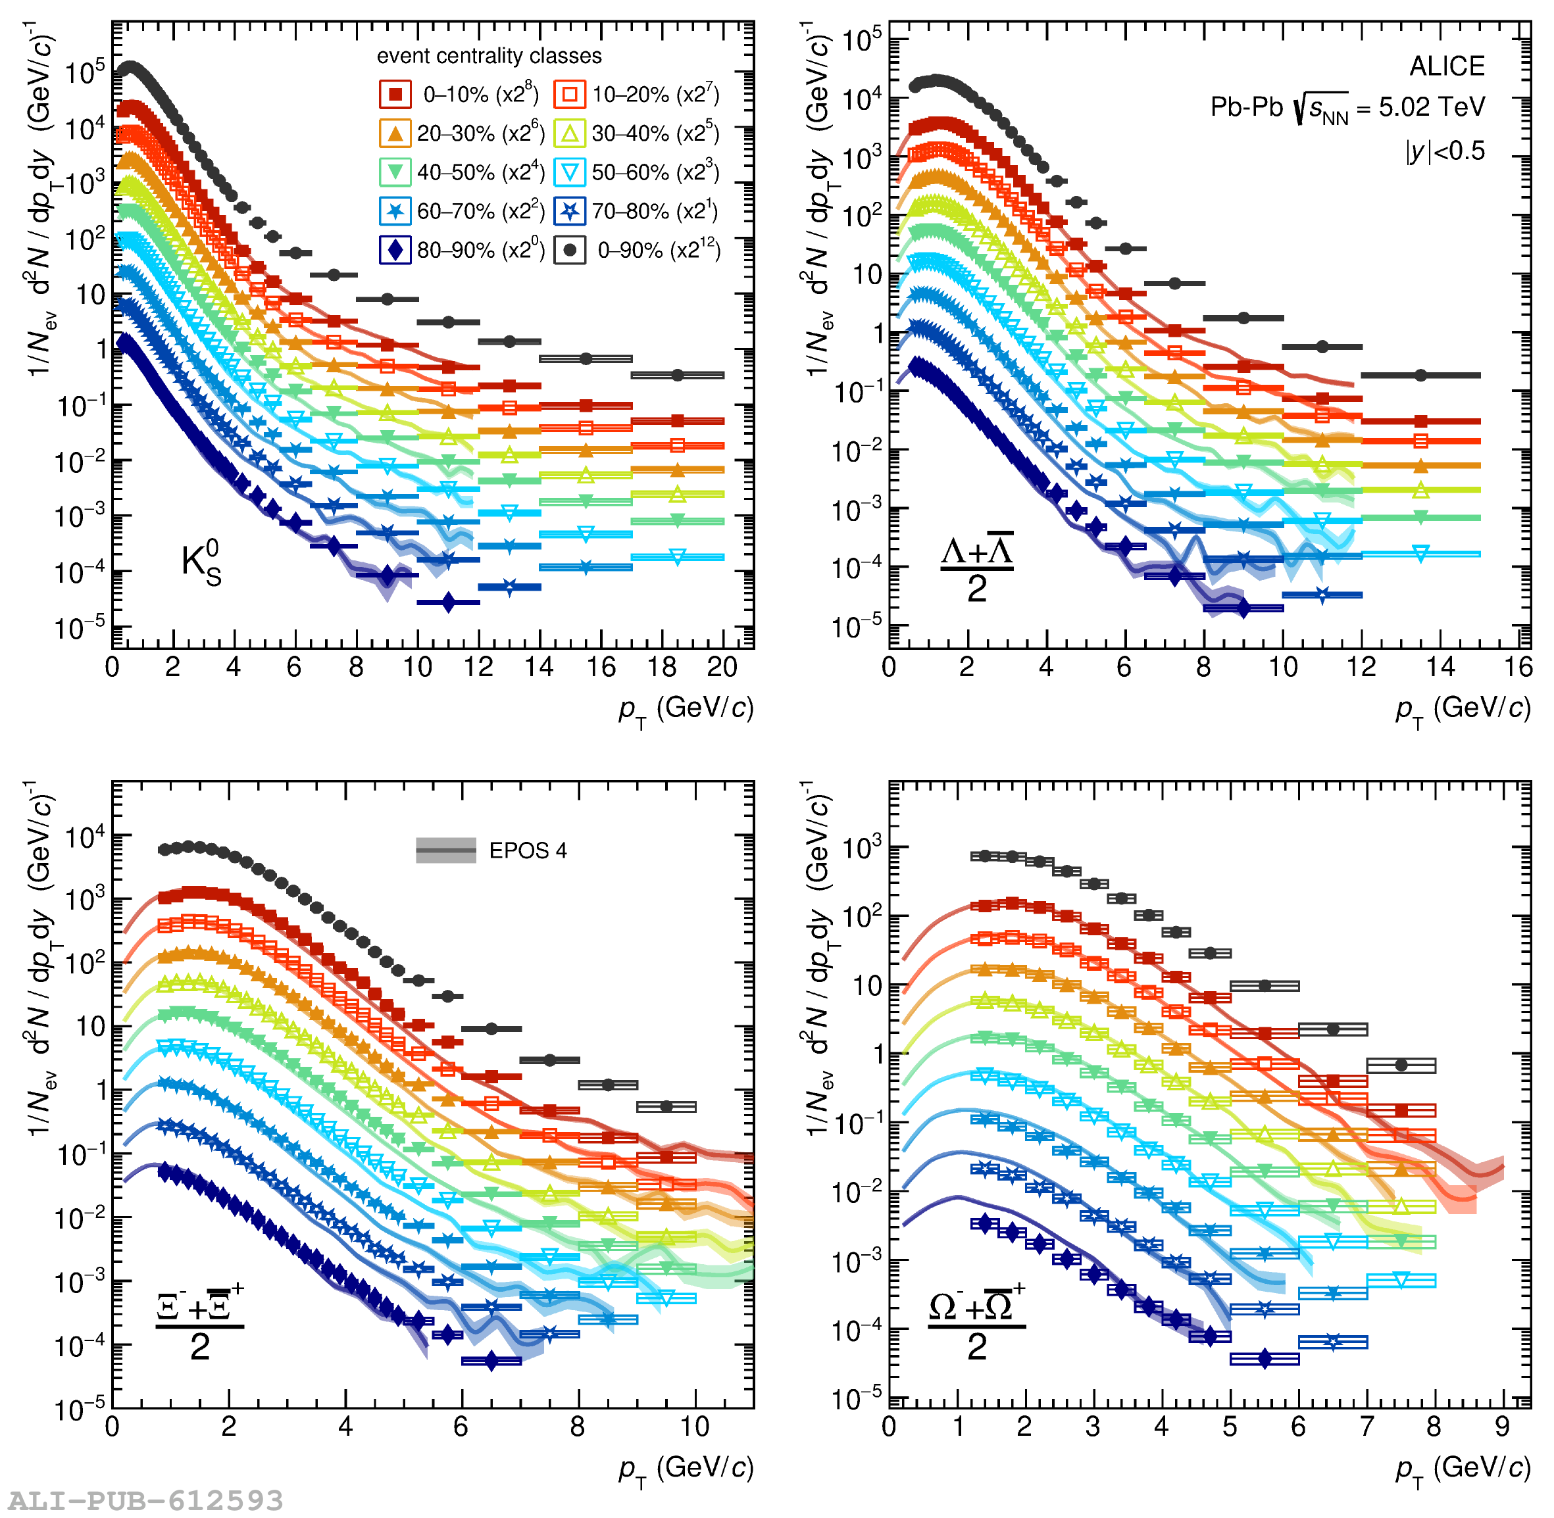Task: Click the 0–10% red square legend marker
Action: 395,94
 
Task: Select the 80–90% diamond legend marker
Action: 395,251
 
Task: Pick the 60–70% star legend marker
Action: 395,211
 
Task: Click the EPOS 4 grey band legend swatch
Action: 445,850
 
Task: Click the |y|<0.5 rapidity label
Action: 1445,151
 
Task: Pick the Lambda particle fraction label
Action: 977,568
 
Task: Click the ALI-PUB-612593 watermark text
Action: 146,1500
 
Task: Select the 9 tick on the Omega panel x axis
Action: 1502,1427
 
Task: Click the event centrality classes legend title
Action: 489,56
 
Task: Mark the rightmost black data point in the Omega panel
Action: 1401,1065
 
